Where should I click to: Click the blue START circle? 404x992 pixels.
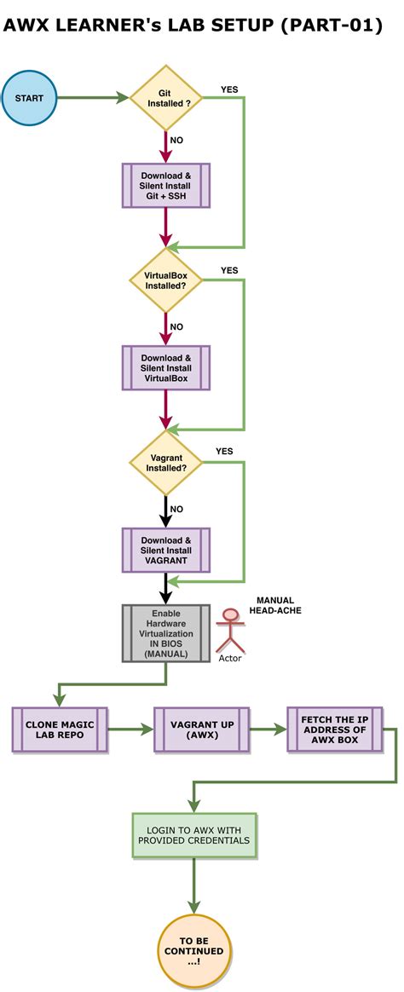coord(29,98)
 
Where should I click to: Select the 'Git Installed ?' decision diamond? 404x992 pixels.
coord(165,97)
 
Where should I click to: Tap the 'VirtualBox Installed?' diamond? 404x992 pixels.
coord(165,280)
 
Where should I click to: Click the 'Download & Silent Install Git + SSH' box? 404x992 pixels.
coord(165,186)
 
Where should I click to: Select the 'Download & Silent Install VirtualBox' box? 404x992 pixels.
coord(165,368)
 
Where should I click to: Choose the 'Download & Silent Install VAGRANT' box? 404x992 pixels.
coord(165,551)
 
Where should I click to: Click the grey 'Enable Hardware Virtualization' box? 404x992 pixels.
coord(165,633)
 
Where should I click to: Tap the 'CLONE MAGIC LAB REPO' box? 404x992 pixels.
coord(60,730)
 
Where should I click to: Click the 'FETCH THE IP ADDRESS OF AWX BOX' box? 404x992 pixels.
coord(334,730)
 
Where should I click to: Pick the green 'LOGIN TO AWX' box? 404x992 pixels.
coord(194,834)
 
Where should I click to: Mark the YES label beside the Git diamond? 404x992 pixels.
coord(229,89)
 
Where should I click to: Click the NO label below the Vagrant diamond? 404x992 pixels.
coord(176,509)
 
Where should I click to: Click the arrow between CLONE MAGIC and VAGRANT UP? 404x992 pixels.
coord(130,730)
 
